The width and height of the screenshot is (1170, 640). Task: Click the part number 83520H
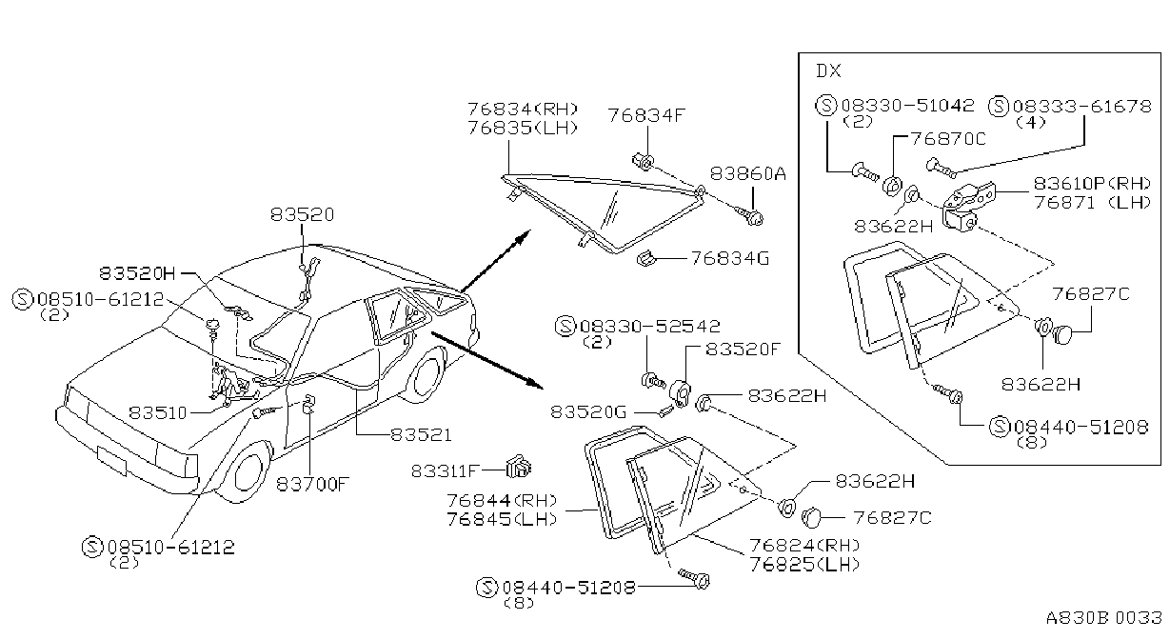tap(138, 272)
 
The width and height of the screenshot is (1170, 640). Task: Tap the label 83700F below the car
tap(312, 485)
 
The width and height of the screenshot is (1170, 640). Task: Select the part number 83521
tap(421, 434)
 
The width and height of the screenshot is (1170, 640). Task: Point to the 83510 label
tap(158, 412)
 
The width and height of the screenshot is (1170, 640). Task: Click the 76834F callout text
tap(646, 115)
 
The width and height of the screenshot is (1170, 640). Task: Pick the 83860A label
tap(748, 173)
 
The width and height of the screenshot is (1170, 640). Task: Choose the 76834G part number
tap(730, 258)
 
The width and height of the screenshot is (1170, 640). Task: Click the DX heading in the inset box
tap(828, 70)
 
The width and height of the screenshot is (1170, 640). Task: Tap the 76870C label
tap(948, 138)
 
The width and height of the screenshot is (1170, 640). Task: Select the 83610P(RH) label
tap(1092, 184)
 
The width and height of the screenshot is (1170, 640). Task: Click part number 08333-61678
tap(1081, 106)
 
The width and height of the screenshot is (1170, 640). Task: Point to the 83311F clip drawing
tap(518, 467)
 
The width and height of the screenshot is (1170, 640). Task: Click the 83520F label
tap(743, 349)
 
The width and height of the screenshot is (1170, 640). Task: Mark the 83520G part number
tap(588, 411)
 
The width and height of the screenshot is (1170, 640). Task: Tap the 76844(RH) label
tap(502, 501)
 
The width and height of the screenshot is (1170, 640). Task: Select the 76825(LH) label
tap(804, 564)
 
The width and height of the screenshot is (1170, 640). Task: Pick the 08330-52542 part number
tap(650, 326)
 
